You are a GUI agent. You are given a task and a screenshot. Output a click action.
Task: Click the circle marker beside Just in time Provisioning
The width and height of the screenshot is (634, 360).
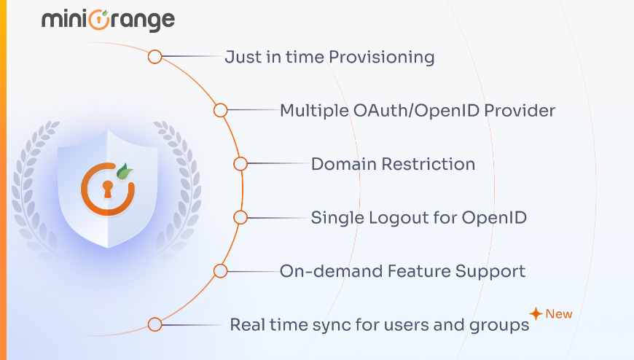154,57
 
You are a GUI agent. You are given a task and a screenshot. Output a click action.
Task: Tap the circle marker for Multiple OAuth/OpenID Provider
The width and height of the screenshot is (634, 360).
220,111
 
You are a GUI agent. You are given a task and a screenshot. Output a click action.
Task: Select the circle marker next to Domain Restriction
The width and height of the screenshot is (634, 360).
240,165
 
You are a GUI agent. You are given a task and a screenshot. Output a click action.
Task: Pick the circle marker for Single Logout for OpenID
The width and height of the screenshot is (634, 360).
240,217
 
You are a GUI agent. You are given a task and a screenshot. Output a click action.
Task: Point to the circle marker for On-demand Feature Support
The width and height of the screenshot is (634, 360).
220,271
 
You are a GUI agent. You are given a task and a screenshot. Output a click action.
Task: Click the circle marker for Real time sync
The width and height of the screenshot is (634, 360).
154,324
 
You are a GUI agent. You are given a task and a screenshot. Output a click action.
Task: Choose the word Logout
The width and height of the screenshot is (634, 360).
398,217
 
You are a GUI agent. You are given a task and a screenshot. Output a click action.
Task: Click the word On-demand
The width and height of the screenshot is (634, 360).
313,271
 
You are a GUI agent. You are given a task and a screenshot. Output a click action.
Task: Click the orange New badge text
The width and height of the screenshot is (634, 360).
559,314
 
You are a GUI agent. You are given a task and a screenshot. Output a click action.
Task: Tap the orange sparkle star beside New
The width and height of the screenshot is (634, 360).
536,314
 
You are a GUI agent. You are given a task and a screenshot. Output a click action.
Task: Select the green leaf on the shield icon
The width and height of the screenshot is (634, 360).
126,173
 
